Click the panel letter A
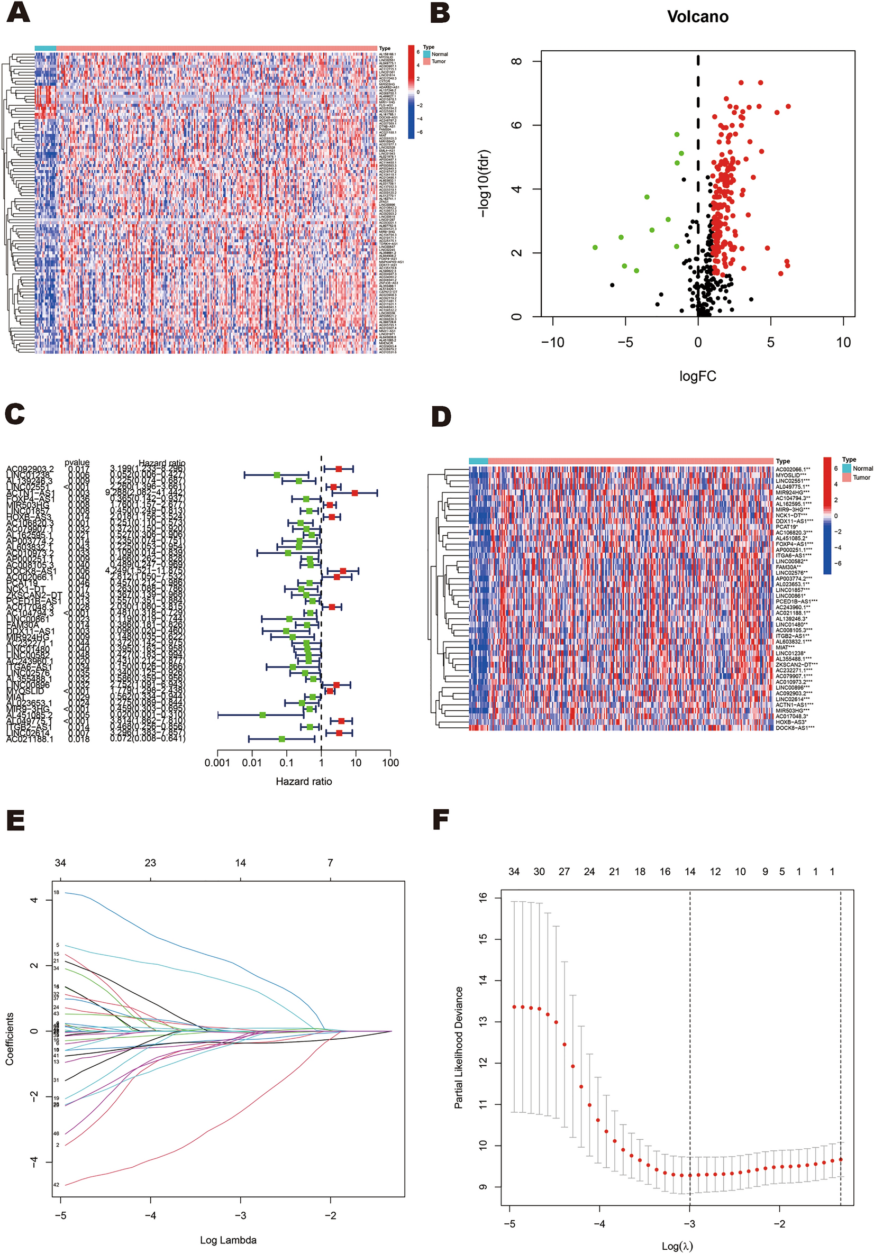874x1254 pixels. point(18,12)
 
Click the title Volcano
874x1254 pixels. point(698,16)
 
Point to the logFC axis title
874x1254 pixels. point(698,376)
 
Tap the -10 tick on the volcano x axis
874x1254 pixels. point(552,342)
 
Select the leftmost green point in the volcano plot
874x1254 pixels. point(595,248)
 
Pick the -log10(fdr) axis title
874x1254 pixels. point(484,184)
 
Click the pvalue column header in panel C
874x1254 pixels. point(77,462)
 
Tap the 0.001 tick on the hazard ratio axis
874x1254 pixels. point(217,763)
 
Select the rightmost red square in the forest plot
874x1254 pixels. point(354,493)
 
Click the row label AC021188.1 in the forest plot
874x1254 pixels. point(30,739)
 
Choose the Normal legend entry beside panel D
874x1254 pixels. point(862,468)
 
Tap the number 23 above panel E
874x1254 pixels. point(150,863)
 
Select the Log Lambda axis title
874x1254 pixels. point(228,1240)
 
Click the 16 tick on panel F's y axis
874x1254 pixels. point(483,897)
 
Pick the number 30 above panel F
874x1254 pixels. point(539,872)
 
